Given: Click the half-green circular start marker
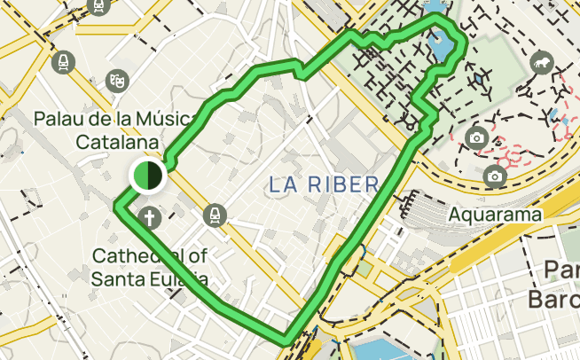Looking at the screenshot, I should coord(147,176).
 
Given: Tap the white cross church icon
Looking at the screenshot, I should coord(151,216).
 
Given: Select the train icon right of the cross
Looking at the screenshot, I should coord(215,215).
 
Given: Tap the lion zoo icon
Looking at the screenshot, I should coord(539,64).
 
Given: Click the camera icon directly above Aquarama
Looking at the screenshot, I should coord(494,177).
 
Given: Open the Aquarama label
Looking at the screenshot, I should coord(494,215).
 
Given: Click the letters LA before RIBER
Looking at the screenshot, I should coord(281,184).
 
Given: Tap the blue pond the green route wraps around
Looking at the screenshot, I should coord(439,44).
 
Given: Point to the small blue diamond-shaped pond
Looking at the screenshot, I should coord(481,78).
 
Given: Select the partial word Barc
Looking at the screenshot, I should coord(553,297).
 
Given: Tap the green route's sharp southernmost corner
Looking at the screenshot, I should coord(286,337).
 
